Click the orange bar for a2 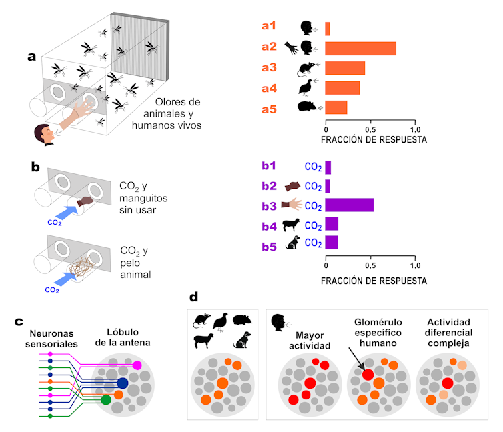[x=360, y=48]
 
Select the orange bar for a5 [x=336, y=107]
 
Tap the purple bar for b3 [x=349, y=204]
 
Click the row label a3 [x=269, y=67]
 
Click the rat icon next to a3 [x=306, y=68]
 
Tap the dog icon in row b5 [x=292, y=243]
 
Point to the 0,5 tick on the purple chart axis [x=370, y=265]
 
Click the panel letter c [x=19, y=321]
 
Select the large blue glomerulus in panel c [x=123, y=383]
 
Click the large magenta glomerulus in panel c [x=137, y=365]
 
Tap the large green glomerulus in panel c [x=105, y=400]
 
